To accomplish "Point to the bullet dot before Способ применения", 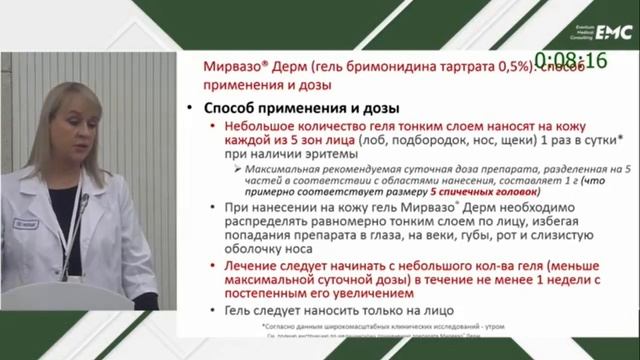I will coord(190,107).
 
